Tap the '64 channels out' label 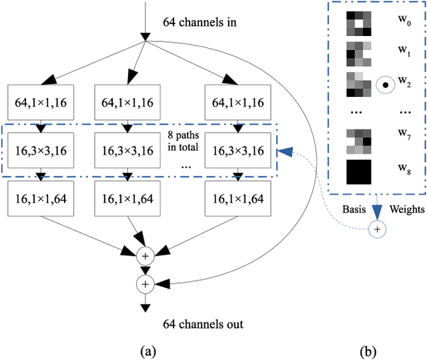point(203,325)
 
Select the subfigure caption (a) point(145,349)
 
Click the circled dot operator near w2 point(383,85)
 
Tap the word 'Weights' point(407,209)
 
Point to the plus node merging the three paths point(145,256)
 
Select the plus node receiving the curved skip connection point(145,284)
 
